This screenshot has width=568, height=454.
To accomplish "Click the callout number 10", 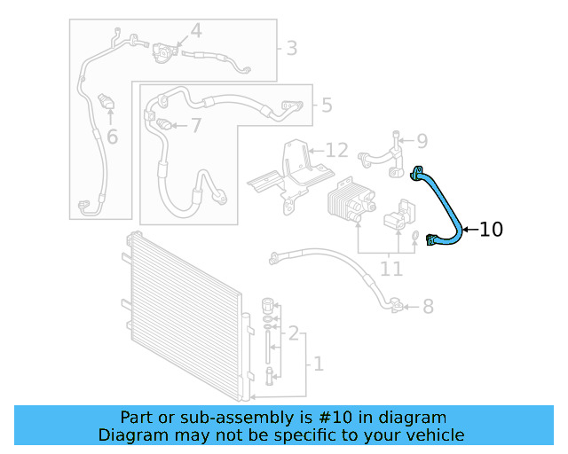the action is tap(491, 230).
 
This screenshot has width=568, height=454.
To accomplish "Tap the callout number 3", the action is tap(291, 48).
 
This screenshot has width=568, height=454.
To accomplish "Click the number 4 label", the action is tap(195, 32).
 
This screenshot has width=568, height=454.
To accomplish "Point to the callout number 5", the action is tap(327, 106).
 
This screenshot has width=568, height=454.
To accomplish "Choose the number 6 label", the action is tap(112, 137).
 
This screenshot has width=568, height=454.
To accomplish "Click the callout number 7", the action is tap(195, 125).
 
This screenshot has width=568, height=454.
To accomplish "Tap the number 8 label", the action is tap(428, 307).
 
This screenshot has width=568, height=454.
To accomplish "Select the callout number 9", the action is tap(422, 140).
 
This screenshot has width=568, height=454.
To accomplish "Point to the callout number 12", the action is tap(336, 150).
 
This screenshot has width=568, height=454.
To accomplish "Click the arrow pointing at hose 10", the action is tap(469, 230).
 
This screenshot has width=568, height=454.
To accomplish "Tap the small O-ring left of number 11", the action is tap(414, 235).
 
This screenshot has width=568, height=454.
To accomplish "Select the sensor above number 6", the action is tap(108, 101).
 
